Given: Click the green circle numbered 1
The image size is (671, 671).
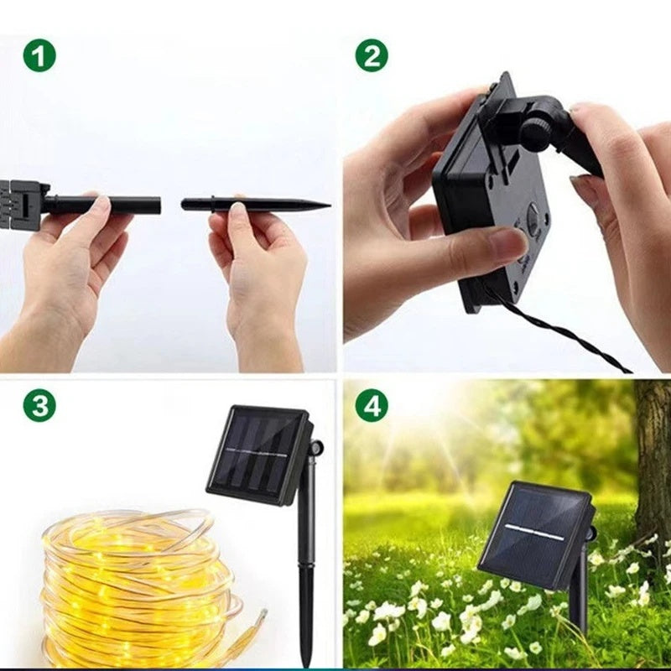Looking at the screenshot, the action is pos(39,55).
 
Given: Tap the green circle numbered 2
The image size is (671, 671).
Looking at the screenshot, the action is pos(372,55).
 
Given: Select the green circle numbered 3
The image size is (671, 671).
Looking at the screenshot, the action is pos(39,405).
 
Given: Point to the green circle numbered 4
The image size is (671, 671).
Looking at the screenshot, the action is pos(372,405).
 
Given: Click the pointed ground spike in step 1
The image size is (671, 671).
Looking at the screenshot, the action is pos(256,204).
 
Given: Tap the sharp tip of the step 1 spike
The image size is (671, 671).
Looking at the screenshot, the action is pos(330,205).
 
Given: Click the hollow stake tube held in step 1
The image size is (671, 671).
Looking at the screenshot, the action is pos(101,205).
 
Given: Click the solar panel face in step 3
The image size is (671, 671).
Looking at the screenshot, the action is pos(256,454).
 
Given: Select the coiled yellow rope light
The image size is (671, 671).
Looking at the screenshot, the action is pos(137,590).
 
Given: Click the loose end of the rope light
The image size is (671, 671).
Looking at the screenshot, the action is pos(262,616).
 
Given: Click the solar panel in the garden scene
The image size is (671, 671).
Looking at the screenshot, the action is pos(535,535).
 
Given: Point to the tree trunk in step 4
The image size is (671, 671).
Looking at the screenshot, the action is pos(653,462).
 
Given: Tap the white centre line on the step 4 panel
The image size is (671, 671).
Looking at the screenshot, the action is pos(534,531).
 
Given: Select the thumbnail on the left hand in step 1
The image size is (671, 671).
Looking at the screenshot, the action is pos(102,203).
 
